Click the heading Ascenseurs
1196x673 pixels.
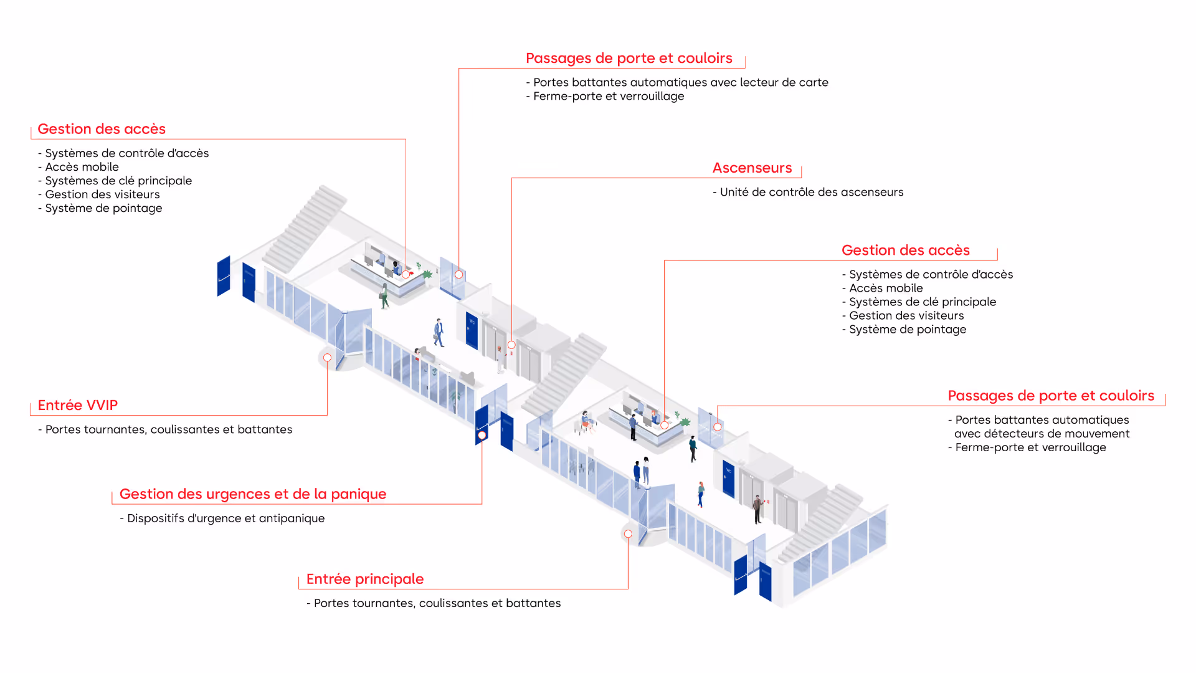(752, 168)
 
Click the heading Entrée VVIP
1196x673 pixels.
(77, 406)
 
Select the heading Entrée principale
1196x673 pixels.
(364, 580)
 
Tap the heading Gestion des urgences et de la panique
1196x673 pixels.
(252, 494)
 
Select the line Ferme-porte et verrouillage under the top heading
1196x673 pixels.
(608, 97)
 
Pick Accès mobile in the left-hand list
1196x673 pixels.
(82, 167)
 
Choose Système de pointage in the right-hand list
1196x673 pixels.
(908, 330)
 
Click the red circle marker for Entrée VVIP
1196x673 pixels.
(327, 358)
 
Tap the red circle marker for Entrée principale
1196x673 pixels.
(628, 534)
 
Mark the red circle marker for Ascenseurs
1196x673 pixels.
(511, 345)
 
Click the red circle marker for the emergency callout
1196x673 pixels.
(482, 435)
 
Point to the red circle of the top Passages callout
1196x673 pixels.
(458, 275)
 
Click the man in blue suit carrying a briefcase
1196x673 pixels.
(439, 333)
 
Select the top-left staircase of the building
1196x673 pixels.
(303, 227)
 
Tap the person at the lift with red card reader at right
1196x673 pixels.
(757, 508)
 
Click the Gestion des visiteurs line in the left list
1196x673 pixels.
(102, 194)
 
